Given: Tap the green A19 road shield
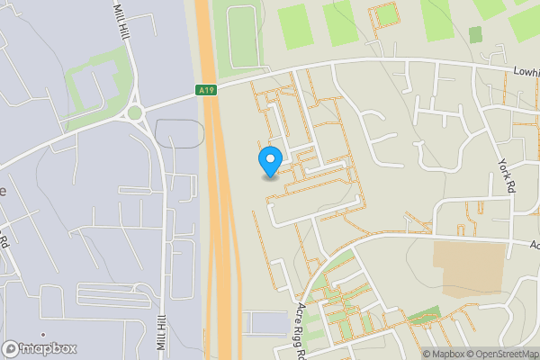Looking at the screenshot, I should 206,90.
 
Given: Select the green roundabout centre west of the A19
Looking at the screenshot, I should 135,112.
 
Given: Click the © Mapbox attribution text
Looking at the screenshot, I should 441,354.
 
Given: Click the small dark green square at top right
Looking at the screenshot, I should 475,34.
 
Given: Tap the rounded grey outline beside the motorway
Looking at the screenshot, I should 178,132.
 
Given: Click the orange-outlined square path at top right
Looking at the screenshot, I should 386,15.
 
